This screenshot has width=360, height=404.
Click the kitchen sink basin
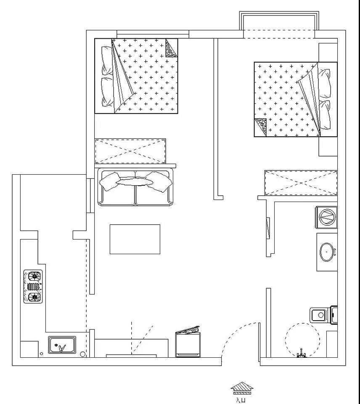[62, 345]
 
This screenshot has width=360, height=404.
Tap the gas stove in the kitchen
[33, 287]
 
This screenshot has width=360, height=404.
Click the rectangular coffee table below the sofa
[135, 239]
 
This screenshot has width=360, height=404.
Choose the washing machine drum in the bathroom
[328, 218]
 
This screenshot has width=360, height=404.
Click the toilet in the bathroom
[323, 315]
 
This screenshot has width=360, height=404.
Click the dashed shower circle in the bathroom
[302, 340]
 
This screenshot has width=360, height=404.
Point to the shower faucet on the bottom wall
[301, 353]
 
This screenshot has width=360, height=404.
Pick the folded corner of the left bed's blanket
[171, 48]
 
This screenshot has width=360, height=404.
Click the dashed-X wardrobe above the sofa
[130, 151]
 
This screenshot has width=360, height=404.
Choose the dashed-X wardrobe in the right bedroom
[301, 183]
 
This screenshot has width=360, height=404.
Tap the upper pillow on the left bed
[107, 61]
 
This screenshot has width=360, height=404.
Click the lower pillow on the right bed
[325, 115]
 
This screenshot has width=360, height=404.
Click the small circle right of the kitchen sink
[83, 354]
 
